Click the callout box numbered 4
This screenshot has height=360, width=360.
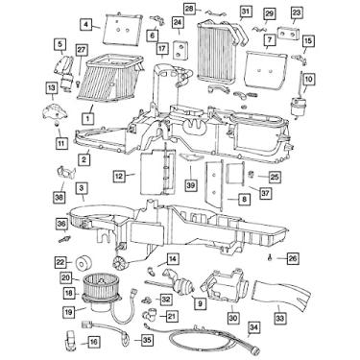click(84, 23)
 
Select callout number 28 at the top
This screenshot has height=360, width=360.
click(189, 9)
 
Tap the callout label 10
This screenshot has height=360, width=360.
click(308, 78)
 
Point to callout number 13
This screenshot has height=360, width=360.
click(50, 87)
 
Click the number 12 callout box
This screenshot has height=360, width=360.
click(119, 176)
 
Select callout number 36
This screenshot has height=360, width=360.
click(62, 225)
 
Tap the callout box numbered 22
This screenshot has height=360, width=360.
click(60, 262)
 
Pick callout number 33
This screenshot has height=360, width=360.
click(280, 320)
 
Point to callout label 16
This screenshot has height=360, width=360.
click(93, 341)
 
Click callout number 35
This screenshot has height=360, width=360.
click(147, 339)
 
